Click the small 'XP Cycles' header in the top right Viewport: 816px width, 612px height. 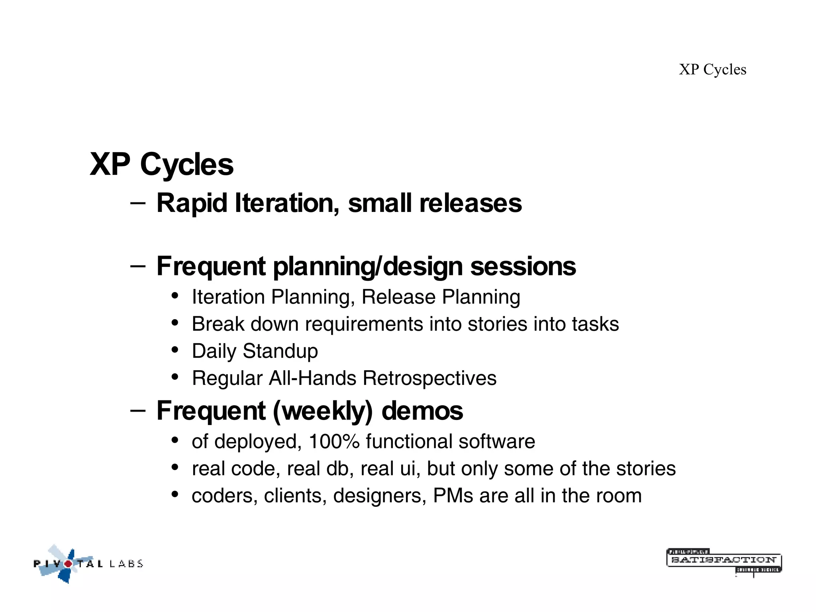pyautogui.click(x=712, y=69)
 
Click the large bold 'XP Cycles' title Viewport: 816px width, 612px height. pyautogui.click(x=161, y=164)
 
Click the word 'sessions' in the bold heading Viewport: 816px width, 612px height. pyautogui.click(x=523, y=266)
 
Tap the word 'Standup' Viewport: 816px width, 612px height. pyautogui.click(x=280, y=351)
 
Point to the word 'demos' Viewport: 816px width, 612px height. pyautogui.click(x=422, y=411)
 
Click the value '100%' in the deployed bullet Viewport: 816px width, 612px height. pyautogui.click(x=334, y=441)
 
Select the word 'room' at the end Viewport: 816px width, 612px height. pyautogui.click(x=621, y=496)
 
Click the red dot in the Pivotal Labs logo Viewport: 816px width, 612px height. pyautogui.click(x=69, y=563)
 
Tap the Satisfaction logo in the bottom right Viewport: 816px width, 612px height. pyautogui.click(x=724, y=561)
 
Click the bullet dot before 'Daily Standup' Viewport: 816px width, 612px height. pyautogui.click(x=175, y=350)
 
